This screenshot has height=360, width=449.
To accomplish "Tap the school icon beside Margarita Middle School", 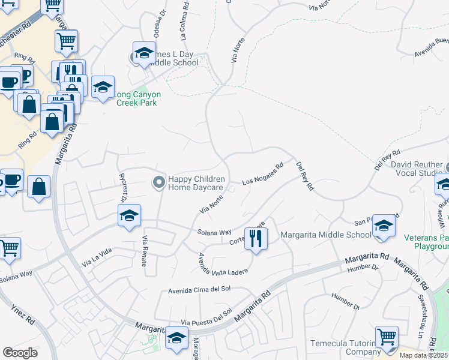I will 383,226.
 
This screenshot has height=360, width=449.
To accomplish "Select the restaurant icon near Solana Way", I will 256,238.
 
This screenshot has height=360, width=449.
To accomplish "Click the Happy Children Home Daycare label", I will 196,184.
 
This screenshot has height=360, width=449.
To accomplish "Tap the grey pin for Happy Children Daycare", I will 158,181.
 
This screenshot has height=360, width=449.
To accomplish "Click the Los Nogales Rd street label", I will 262,175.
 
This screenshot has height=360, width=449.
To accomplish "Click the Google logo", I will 20,353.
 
